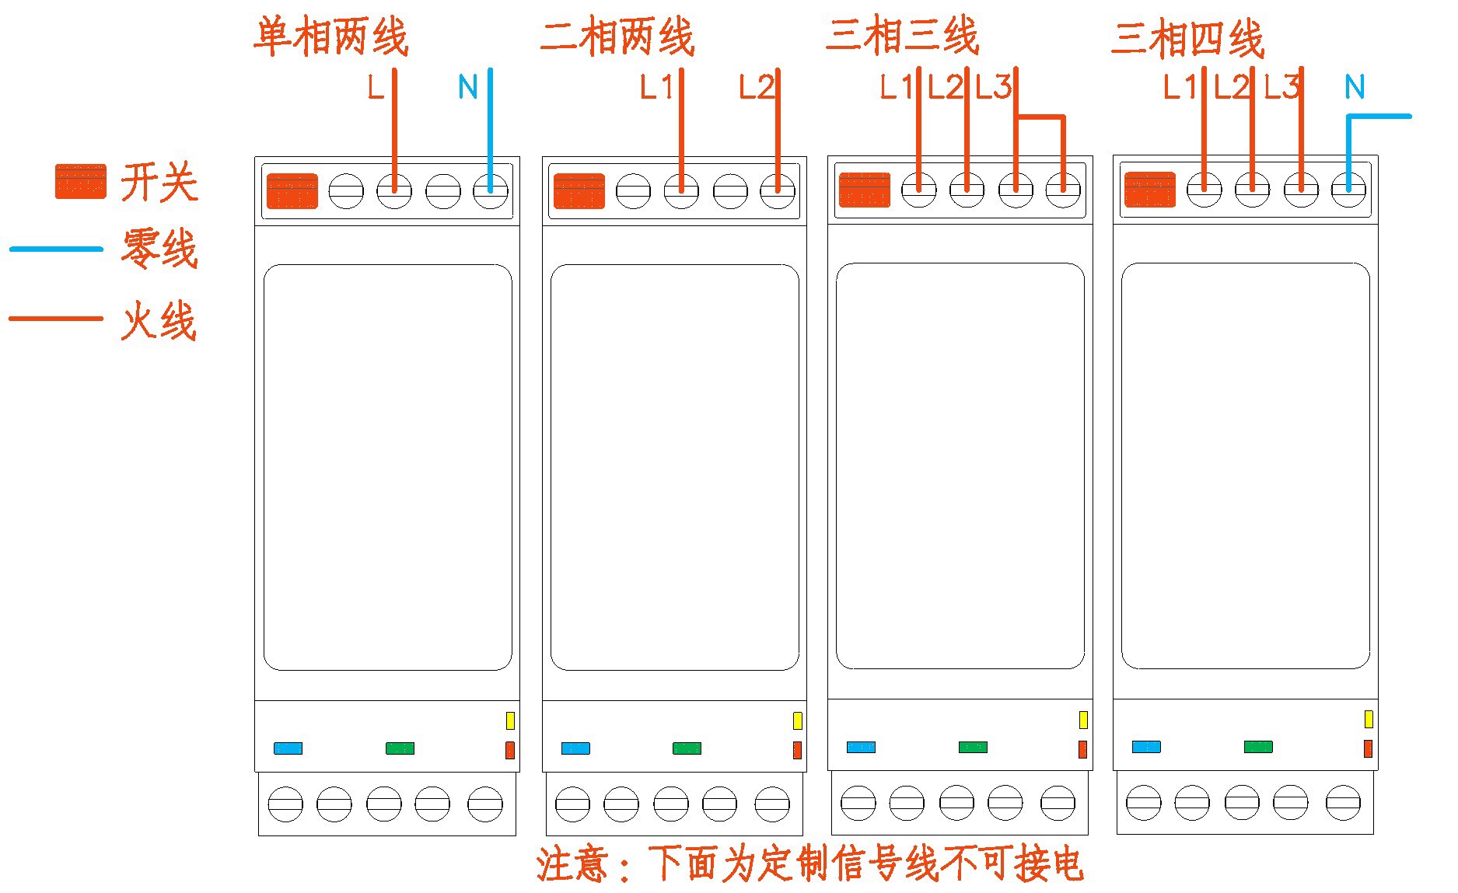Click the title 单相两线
(x=331, y=37)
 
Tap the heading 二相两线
(x=617, y=37)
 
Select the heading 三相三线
(x=902, y=36)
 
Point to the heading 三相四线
(x=1187, y=38)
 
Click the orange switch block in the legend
(x=80, y=181)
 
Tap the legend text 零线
(x=159, y=249)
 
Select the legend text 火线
(x=159, y=319)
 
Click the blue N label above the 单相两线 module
(x=467, y=87)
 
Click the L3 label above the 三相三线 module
(x=993, y=87)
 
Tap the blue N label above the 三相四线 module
(x=1355, y=87)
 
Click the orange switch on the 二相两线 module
(x=579, y=191)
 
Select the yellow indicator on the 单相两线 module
(x=510, y=720)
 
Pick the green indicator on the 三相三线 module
(x=973, y=747)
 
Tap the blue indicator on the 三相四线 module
(x=1146, y=747)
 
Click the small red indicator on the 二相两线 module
(x=797, y=750)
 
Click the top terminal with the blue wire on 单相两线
(x=491, y=190)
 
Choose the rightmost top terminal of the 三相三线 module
(x=1063, y=189)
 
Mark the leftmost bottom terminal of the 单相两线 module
(x=285, y=804)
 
